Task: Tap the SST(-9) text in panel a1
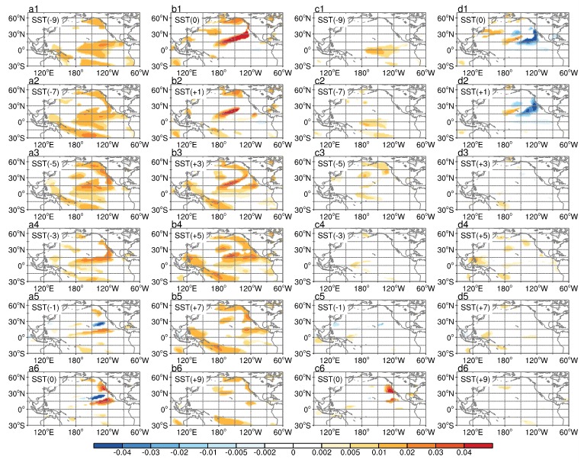point(45,20)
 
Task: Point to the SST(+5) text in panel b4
point(188,236)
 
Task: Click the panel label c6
point(319,368)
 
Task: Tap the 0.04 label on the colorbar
point(464,452)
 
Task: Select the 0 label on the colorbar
point(293,452)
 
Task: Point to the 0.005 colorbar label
point(350,452)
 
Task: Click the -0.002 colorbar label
point(265,452)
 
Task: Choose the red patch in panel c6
point(389,389)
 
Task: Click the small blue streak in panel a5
point(98,324)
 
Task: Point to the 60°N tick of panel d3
point(447,162)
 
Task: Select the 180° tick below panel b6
point(219,432)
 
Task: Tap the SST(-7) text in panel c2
point(331,92)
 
